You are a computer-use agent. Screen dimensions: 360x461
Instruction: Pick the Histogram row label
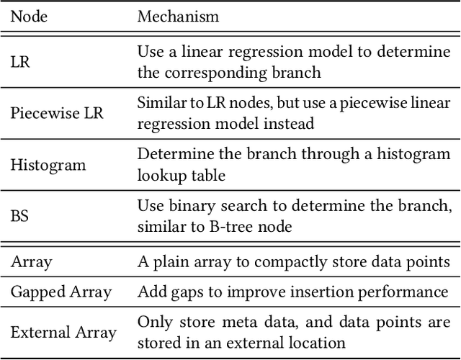pos(48,165)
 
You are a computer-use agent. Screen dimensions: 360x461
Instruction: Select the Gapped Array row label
pos(61,292)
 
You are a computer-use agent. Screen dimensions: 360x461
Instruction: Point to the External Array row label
pos(63,332)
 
